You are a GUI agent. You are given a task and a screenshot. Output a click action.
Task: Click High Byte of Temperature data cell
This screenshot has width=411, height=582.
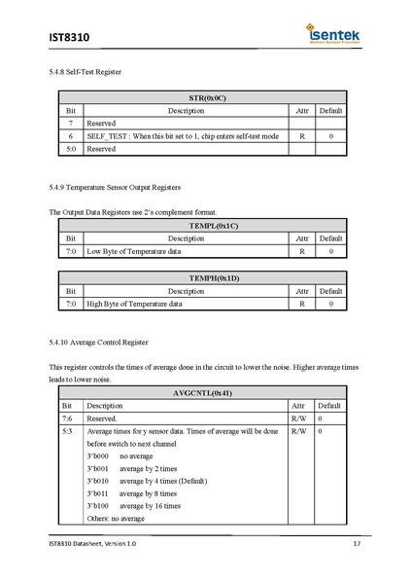point(135,304)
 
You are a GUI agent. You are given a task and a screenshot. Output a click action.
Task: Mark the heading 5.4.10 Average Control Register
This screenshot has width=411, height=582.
point(98,343)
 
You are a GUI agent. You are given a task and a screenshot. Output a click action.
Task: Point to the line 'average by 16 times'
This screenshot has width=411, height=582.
point(150,506)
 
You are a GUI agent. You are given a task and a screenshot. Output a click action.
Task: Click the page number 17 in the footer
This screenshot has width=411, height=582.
point(357,543)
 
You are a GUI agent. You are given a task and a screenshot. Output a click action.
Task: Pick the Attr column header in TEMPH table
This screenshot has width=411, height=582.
point(302,291)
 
